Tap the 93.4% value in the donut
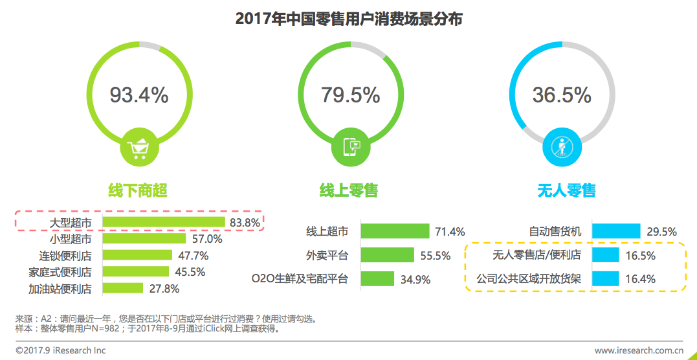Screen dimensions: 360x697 [x=138, y=95]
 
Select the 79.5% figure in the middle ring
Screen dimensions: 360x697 [x=350, y=95]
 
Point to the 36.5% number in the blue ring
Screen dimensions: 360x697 [x=562, y=95]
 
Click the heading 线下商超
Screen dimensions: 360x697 [x=138, y=190]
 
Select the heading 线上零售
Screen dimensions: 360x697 [x=349, y=190]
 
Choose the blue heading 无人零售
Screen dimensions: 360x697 [x=566, y=190]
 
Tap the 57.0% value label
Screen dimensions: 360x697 [x=207, y=239]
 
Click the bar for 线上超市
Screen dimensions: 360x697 [x=395, y=231]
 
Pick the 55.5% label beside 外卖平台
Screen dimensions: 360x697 [x=435, y=256]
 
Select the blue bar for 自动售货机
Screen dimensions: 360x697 [x=616, y=231]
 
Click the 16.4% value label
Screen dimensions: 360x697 [x=641, y=279]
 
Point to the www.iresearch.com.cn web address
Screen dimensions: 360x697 [x=639, y=350]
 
